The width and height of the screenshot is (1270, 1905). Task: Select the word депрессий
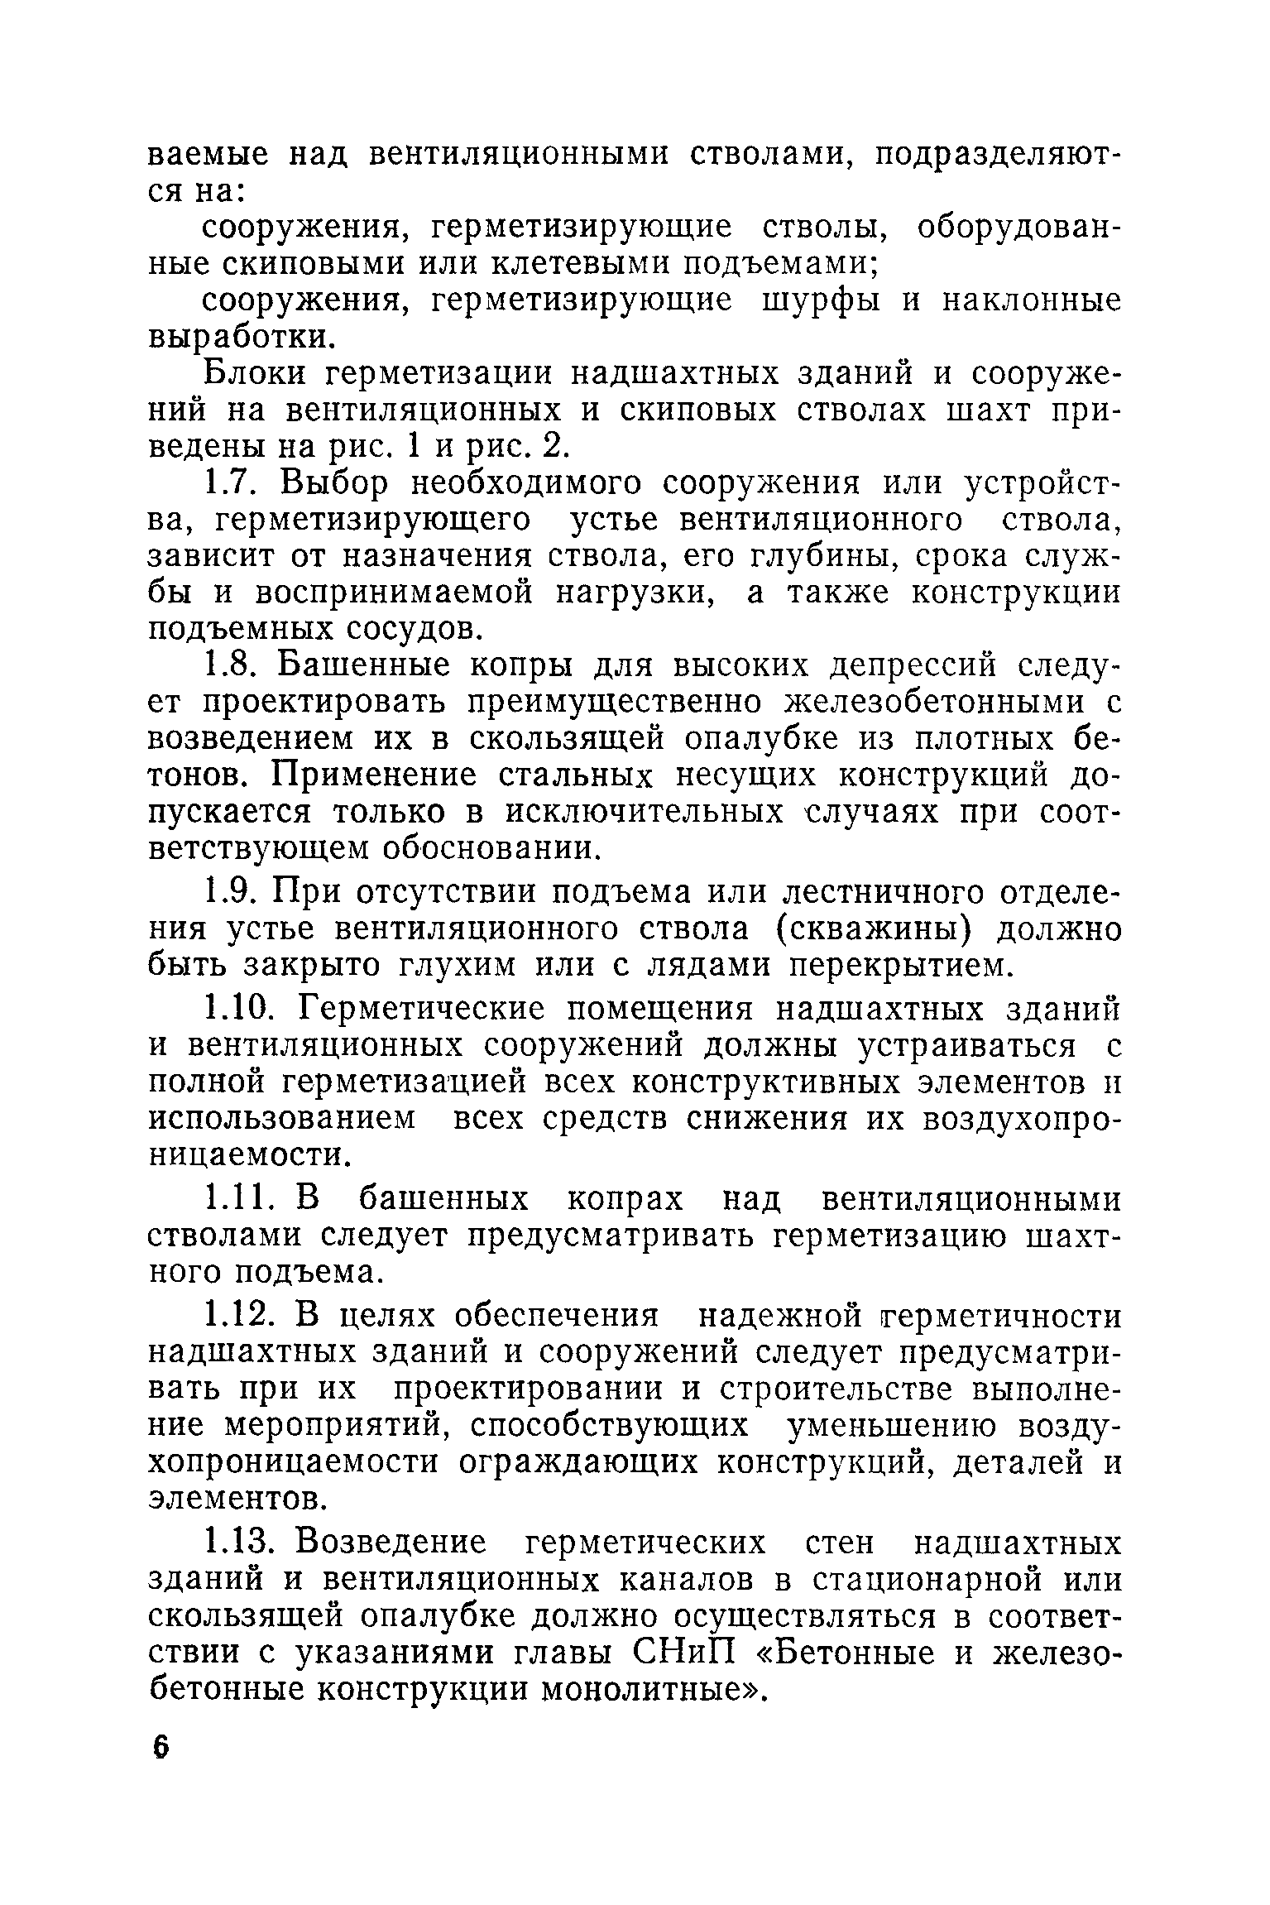(x=918, y=666)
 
